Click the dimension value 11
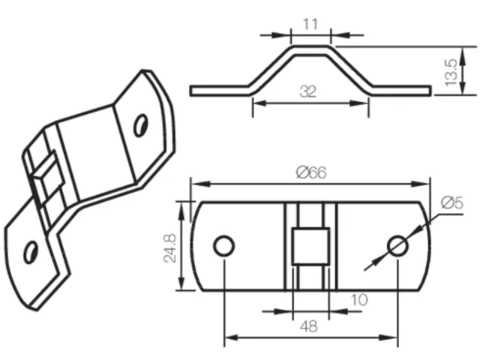click(310, 24)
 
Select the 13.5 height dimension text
click(451, 72)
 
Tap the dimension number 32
click(308, 91)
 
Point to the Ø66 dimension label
click(311, 172)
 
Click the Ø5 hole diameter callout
click(452, 202)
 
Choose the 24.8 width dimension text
click(170, 248)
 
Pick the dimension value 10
click(358, 300)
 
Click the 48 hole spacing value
click(309, 326)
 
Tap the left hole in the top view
click(224, 246)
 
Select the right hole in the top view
click(397, 246)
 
